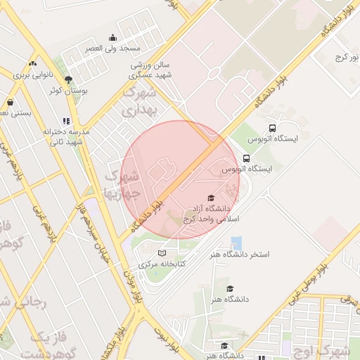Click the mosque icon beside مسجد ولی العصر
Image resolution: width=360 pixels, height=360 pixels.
tap(112, 38)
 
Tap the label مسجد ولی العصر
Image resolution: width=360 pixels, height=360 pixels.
tap(113, 49)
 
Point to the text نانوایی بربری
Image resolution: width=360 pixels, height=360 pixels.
tap(32, 73)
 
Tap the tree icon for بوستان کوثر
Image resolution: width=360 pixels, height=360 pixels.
tap(68, 79)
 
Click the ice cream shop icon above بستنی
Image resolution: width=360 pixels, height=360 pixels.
tap(10, 102)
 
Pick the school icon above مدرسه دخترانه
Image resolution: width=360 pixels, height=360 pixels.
tap(66, 121)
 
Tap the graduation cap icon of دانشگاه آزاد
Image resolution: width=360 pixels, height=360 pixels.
tap(210, 198)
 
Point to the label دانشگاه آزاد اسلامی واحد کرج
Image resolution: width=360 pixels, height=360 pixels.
tap(210, 214)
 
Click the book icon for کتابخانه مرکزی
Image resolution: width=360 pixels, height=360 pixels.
tap(162, 253)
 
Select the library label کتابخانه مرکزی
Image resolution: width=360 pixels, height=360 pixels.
tap(162, 264)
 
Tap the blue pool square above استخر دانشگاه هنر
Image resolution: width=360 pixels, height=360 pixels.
tap(236, 242)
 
